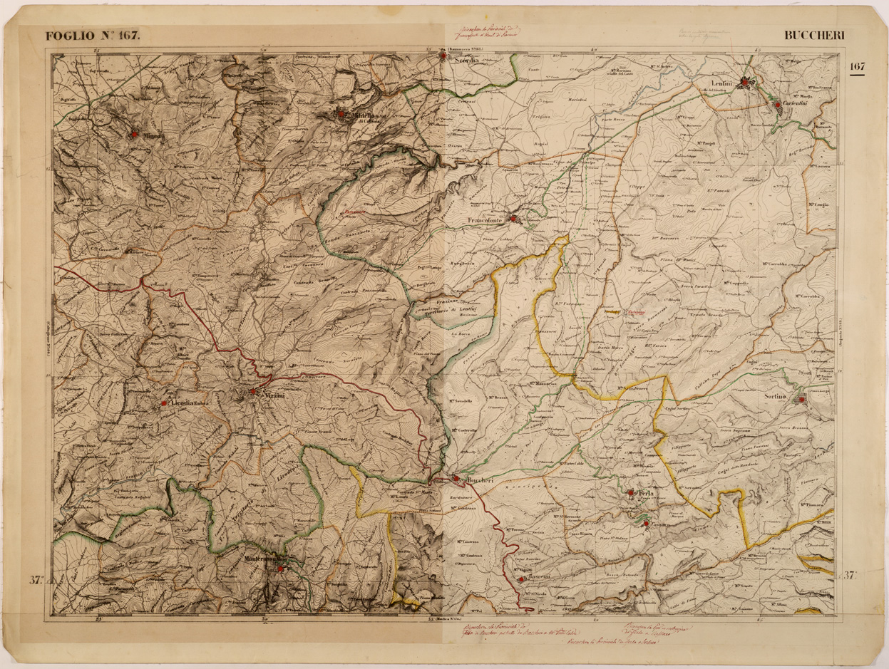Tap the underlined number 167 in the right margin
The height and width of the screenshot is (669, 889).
tap(857, 67)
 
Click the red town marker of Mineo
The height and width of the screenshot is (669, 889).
tap(133, 134)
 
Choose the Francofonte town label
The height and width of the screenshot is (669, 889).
tap(486, 222)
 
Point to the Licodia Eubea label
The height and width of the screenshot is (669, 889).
tap(189, 404)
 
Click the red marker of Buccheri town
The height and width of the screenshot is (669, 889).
tap(456, 478)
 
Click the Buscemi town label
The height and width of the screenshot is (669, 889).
tap(538, 576)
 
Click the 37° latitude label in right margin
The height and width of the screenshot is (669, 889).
tap(850, 576)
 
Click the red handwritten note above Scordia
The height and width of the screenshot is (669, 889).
tap(482, 31)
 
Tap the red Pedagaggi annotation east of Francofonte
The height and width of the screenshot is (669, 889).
tap(638, 311)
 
